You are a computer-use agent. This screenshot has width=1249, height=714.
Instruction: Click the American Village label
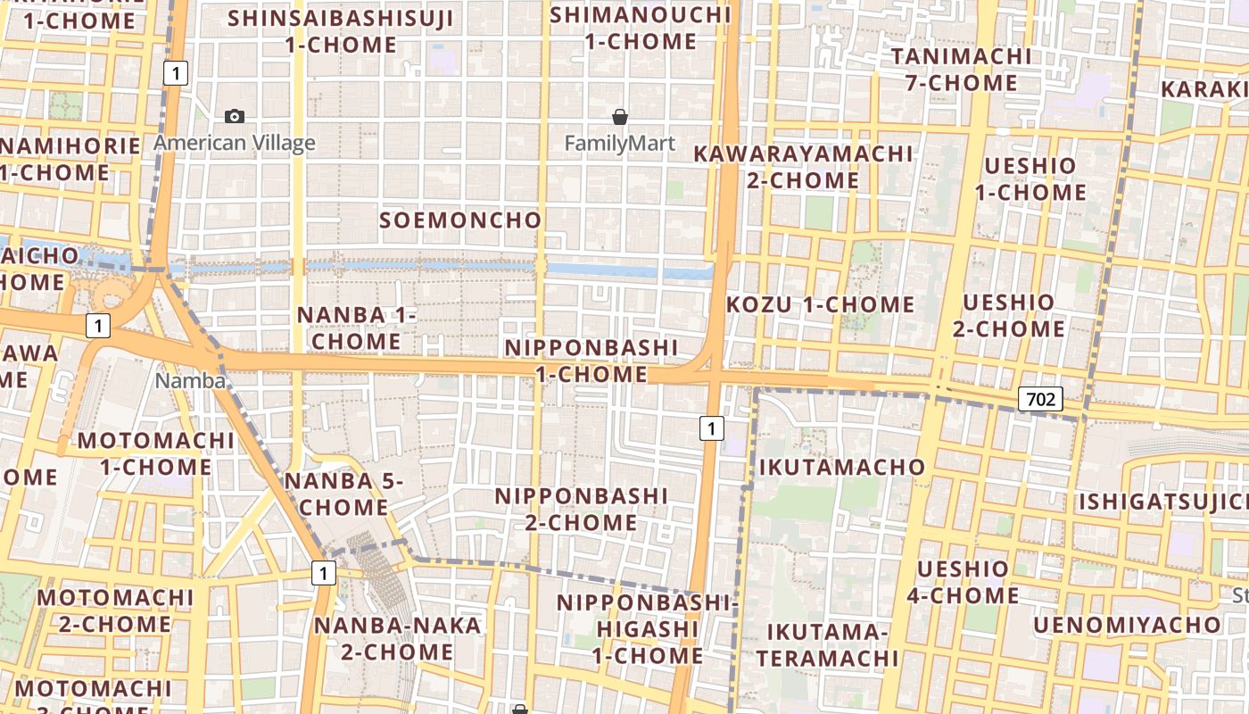pyautogui.click(x=235, y=143)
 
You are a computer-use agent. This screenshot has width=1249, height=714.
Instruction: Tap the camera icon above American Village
pyautogui.click(x=235, y=116)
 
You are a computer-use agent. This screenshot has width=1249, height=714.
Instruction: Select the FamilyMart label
pyautogui.click(x=620, y=143)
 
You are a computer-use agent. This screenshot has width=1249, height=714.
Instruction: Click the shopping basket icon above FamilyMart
pyautogui.click(x=620, y=117)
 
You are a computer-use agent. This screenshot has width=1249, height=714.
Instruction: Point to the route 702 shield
pyautogui.click(x=1040, y=399)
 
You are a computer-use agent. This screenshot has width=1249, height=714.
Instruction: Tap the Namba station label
pyautogui.click(x=190, y=381)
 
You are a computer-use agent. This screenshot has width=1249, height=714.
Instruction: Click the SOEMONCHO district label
pyautogui.click(x=460, y=220)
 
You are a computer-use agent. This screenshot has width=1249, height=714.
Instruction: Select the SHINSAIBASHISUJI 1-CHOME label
pyautogui.click(x=341, y=31)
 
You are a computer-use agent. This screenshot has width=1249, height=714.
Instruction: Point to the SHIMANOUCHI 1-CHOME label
pyautogui.click(x=641, y=28)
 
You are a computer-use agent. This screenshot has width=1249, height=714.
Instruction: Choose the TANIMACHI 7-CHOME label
pyautogui.click(x=960, y=70)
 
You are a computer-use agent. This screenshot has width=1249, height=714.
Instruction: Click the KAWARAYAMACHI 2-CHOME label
pyautogui.click(x=803, y=167)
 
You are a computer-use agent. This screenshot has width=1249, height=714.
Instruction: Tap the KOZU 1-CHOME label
pyautogui.click(x=820, y=304)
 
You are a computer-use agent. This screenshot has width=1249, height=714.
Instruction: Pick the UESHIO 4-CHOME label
pyautogui.click(x=963, y=582)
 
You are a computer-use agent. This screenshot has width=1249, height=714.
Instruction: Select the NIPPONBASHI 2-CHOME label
pyautogui.click(x=581, y=509)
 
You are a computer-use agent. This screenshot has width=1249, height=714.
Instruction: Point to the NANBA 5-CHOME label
pyautogui.click(x=343, y=494)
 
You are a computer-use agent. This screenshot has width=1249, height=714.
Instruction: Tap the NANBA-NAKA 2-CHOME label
pyautogui.click(x=397, y=638)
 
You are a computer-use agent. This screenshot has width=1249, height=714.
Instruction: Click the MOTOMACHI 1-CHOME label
pyautogui.click(x=155, y=453)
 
